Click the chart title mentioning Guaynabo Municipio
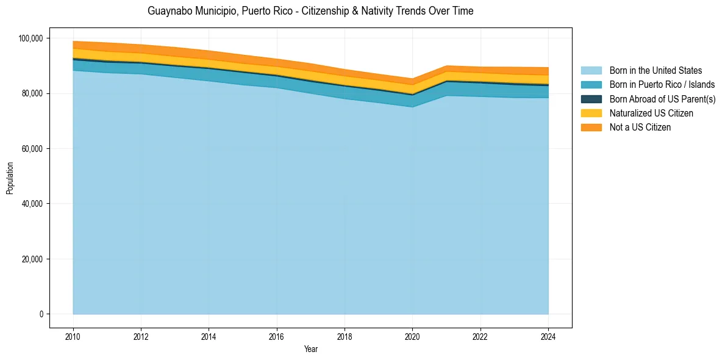pos(310,11)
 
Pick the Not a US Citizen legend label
pos(640,127)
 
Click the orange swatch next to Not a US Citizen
pos(591,127)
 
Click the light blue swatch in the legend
pos(591,71)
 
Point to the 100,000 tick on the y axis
pos(31,38)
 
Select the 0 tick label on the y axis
pos(41,314)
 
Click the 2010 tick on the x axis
pos(73,336)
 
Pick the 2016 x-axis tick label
pos(277,336)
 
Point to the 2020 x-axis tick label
pos(413,336)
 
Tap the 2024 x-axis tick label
pos(548,336)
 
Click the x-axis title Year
pos(310,349)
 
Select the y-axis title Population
pos(10,178)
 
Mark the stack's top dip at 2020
pos(413,78)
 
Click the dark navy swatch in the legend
pos(591,99)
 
